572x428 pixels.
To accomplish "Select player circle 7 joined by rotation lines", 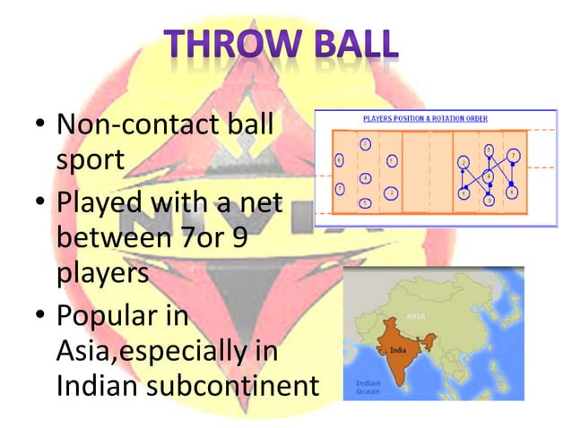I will click(513, 155).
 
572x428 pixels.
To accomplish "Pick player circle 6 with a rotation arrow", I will click(511, 191).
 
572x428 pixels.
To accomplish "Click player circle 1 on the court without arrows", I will click(393, 161).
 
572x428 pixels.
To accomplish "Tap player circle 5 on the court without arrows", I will click(366, 203).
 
